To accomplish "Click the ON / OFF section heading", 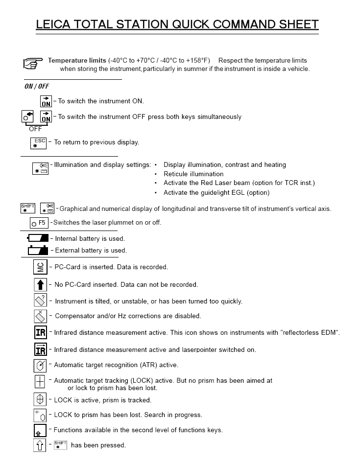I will pyautogui.click(x=37, y=87).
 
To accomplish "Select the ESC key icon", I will pyautogui.click(x=38, y=143).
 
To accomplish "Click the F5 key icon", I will pyautogui.click(x=39, y=223).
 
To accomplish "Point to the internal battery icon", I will pyautogui.click(x=38, y=239).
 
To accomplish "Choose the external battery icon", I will pyautogui.click(x=38, y=250).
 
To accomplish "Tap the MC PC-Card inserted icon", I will pyautogui.click(x=40, y=267).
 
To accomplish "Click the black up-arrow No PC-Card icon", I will pyautogui.click(x=40, y=284).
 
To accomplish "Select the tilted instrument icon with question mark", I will pyautogui.click(x=40, y=301).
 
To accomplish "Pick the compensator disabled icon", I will pyautogui.click(x=40, y=316).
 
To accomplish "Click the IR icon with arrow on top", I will pyautogui.click(x=40, y=349).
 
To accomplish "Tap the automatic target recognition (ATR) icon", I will pyautogui.click(x=40, y=365).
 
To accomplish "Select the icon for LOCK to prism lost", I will pyautogui.click(x=40, y=415).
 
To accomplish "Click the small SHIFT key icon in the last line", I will pyautogui.click(x=60, y=445).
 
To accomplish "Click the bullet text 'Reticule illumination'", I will pyautogui.click(x=193, y=174).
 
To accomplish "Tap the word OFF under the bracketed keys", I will pyautogui.click(x=35, y=129).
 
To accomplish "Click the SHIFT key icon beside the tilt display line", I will pyautogui.click(x=27, y=209).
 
